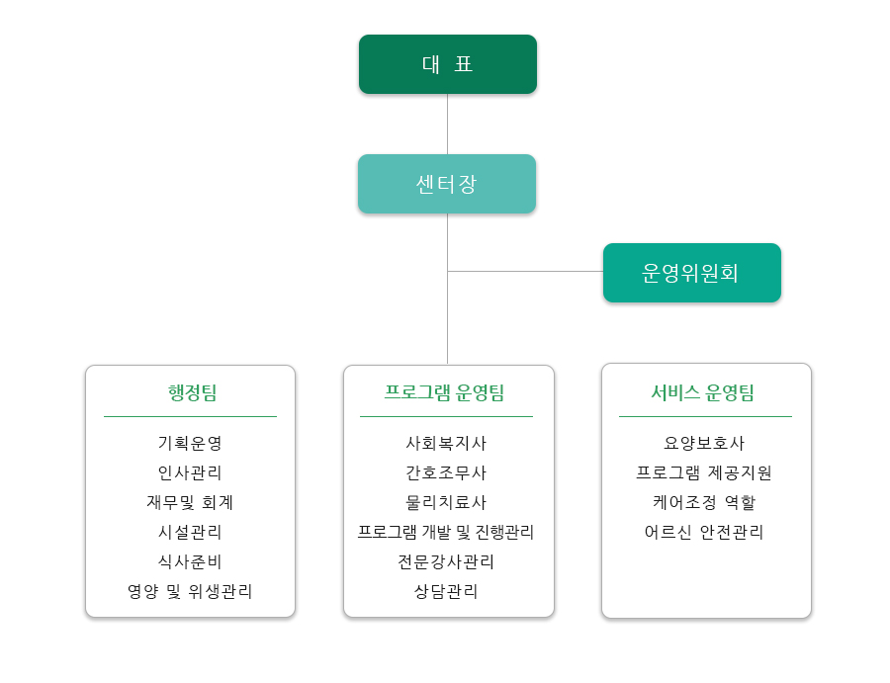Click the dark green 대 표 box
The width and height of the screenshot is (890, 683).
(447, 64)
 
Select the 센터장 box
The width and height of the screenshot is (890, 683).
(447, 184)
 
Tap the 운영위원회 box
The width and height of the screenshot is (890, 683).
(691, 273)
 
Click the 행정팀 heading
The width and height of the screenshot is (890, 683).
(191, 392)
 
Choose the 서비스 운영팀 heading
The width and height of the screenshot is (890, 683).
(703, 392)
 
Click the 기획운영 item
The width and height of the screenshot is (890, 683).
(190, 444)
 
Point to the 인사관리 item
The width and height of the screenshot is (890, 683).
(190, 473)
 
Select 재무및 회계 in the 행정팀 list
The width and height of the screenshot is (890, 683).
(190, 502)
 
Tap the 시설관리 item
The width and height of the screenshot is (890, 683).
(190, 532)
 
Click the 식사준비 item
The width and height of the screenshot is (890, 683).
(190, 561)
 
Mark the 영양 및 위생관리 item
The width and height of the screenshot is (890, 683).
(190, 591)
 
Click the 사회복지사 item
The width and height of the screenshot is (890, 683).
(446, 444)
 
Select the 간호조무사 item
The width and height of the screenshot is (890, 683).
(446, 473)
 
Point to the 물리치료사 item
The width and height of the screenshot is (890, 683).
(446, 502)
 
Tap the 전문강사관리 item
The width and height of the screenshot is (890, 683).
(446, 561)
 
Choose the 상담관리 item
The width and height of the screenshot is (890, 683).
(446, 591)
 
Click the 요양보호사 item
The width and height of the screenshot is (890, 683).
(704, 444)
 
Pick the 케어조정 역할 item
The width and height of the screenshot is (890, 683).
(704, 502)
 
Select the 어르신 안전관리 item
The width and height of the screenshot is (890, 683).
(704, 532)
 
